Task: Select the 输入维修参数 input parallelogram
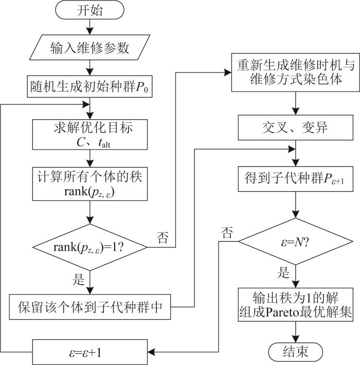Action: tap(90, 49)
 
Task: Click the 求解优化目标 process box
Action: tap(90, 133)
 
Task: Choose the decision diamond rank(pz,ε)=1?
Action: tap(90, 247)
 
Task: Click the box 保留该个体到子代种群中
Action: tap(90, 307)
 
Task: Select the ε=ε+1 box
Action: tap(90, 352)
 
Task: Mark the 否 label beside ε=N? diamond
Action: tap(226, 232)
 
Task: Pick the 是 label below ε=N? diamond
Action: tap(283, 273)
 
